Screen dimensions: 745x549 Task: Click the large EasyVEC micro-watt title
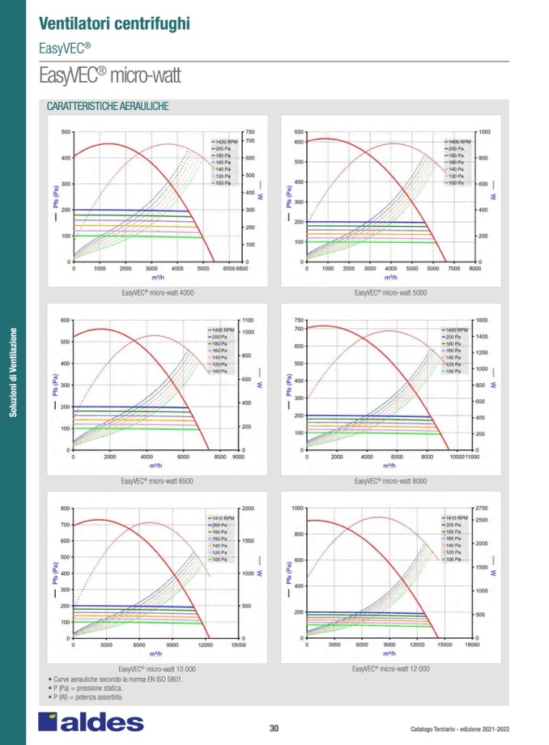coord(109,77)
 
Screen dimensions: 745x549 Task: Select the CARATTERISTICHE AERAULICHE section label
coord(108,107)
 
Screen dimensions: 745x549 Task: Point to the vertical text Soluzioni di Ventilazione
coord(13,372)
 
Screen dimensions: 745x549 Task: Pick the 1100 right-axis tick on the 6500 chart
coord(248,321)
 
